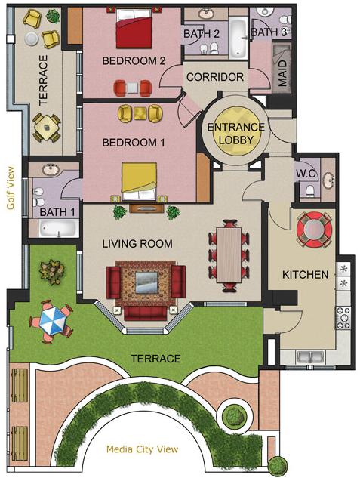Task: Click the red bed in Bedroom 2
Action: point(134,29)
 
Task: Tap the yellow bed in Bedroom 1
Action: point(139,182)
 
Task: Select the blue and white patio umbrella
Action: point(52,321)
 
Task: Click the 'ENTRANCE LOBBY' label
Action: point(236,133)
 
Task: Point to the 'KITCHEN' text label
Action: point(306,275)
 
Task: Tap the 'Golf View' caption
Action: point(11,188)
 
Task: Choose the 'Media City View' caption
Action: point(142,449)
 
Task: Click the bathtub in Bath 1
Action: point(58,228)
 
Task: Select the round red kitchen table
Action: point(314,230)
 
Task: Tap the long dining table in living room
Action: point(229,255)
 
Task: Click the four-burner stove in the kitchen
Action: point(343,318)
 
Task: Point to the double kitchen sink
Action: point(310,356)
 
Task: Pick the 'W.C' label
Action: point(306,174)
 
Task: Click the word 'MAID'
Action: point(282,73)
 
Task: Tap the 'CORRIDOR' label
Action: point(215,77)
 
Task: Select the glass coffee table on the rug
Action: point(146,282)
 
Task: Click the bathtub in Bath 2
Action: point(238,38)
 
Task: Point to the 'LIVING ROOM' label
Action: point(137,244)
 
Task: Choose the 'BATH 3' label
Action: point(269,32)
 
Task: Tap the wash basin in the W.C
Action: point(328,180)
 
